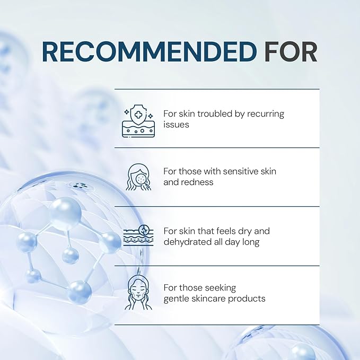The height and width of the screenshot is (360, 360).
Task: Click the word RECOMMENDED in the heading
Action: coord(149,52)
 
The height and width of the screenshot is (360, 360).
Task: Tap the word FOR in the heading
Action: coord(291,52)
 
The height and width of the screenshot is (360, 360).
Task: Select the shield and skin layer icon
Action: coord(138,121)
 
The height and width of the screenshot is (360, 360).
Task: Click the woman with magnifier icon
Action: coord(138,177)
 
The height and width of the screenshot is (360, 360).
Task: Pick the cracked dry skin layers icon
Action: coord(138,235)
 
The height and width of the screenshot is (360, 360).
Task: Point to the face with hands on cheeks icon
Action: coord(138,292)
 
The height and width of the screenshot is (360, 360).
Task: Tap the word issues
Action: coord(177,125)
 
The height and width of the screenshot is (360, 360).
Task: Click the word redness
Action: coord(197,182)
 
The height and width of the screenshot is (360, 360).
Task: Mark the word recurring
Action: coord(266,114)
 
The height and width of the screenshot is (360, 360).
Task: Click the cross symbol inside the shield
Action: coord(138,115)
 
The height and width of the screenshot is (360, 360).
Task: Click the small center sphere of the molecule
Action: coord(71,256)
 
